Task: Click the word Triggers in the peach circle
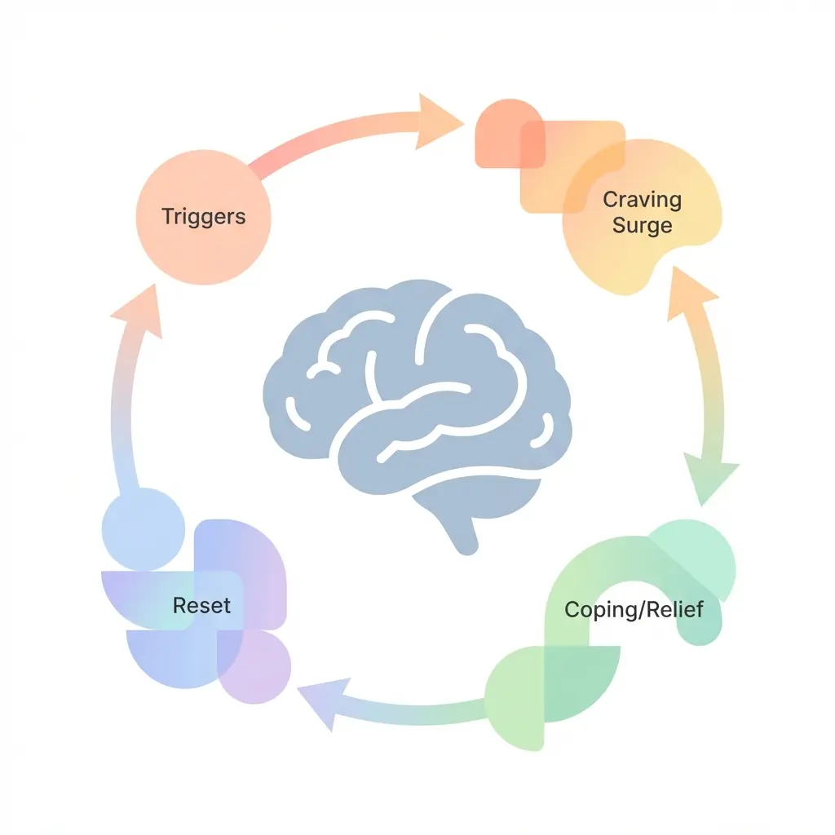pos(204,217)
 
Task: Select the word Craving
pos(642,199)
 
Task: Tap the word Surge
pos(642,225)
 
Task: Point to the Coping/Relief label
pos(634,609)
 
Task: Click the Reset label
pos(201,605)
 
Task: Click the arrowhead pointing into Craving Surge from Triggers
pos(438,121)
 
